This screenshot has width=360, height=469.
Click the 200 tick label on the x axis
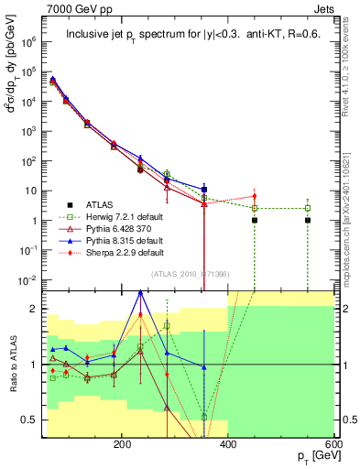pos(122,444)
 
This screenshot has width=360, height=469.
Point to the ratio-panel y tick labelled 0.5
pos(33,420)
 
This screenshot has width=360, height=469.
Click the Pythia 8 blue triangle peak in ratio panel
pos(140,292)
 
